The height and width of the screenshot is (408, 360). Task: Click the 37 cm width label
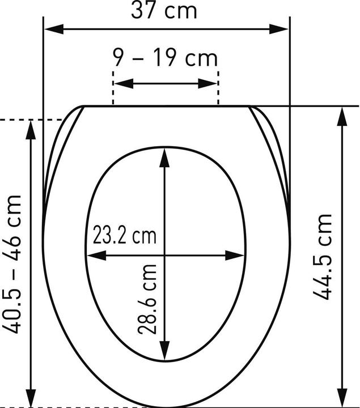(x=164, y=11)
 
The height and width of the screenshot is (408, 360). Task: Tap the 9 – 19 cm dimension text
(x=165, y=58)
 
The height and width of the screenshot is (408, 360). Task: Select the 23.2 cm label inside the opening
(x=124, y=235)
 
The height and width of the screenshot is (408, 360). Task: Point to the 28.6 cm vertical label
(x=147, y=299)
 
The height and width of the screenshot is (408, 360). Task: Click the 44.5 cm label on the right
(x=322, y=257)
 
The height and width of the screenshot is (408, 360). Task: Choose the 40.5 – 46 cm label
(x=11, y=264)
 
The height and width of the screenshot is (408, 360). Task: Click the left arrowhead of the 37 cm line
(x=54, y=29)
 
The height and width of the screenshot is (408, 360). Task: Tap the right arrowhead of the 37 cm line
(x=279, y=29)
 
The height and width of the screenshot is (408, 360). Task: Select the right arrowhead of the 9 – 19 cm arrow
(x=207, y=83)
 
